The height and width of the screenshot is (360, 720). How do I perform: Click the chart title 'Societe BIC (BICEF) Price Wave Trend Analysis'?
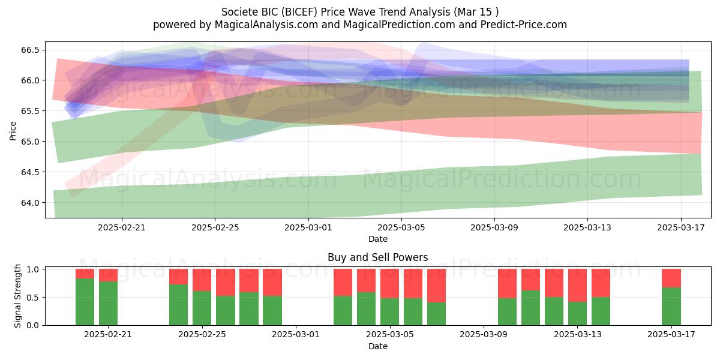[335, 12]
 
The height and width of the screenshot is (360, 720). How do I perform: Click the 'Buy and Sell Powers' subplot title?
[377, 257]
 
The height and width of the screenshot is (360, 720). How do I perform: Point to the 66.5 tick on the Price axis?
[30, 50]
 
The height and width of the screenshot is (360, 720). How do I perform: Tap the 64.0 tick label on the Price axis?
[30, 203]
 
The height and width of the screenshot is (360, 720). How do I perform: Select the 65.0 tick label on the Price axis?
[30, 142]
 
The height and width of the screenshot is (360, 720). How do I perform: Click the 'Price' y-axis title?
[13, 131]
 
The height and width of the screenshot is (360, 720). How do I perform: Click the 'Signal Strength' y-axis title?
[17, 296]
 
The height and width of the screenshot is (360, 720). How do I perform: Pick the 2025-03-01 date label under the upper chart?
[308, 227]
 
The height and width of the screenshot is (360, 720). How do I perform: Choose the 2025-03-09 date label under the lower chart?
[484, 334]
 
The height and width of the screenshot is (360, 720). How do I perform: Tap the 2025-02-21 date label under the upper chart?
[121, 227]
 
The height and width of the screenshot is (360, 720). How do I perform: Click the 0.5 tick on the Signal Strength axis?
[33, 298]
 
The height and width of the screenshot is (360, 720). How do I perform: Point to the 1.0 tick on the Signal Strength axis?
[33, 269]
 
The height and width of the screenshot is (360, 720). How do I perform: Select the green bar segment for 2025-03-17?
[671, 307]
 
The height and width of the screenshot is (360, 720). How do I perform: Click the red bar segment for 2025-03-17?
[671, 278]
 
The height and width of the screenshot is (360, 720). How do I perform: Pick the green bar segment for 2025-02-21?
[108, 304]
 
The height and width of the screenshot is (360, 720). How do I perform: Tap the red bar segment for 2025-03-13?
[577, 286]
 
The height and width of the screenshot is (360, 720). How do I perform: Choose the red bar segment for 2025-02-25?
[202, 280]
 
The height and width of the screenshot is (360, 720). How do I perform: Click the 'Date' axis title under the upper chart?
[377, 239]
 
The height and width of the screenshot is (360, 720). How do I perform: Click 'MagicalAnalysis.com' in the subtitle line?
[266, 25]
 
